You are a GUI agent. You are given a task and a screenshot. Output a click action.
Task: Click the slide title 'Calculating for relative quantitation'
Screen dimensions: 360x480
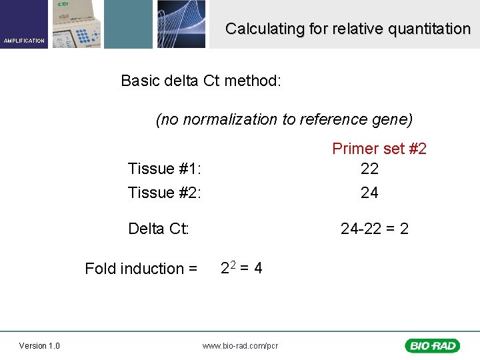[347, 29]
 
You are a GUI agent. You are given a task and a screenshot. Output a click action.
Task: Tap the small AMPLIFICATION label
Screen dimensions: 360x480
[24, 41]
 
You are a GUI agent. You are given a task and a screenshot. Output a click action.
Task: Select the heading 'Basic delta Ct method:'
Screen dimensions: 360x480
[201, 81]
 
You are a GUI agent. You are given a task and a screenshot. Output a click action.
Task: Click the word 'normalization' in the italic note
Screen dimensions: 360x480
[230, 119]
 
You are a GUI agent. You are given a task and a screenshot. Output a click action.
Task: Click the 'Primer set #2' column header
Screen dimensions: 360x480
[379, 149]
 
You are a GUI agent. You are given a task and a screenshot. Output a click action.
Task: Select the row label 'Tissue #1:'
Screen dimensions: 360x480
[164, 169]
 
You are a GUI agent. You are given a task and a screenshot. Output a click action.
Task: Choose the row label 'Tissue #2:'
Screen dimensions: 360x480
[164, 193]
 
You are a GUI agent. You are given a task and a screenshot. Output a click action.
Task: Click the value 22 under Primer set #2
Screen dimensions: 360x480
[369, 169]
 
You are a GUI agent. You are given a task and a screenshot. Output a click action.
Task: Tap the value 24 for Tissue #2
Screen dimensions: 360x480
[369, 193]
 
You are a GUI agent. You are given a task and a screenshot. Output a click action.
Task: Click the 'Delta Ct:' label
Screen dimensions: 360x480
[159, 229]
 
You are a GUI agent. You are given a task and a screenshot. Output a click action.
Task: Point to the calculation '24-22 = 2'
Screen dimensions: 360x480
[374, 229]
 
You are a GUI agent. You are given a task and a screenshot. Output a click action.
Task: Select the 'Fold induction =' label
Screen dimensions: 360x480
[141, 269]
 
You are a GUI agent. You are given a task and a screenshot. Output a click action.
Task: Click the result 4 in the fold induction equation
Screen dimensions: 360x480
[257, 268]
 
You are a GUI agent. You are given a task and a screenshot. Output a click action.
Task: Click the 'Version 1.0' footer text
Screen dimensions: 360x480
[39, 345]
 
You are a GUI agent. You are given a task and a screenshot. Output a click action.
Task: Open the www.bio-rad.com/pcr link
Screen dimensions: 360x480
[240, 345]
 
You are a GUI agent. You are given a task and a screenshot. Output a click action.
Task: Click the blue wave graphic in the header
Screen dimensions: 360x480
[181, 24]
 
